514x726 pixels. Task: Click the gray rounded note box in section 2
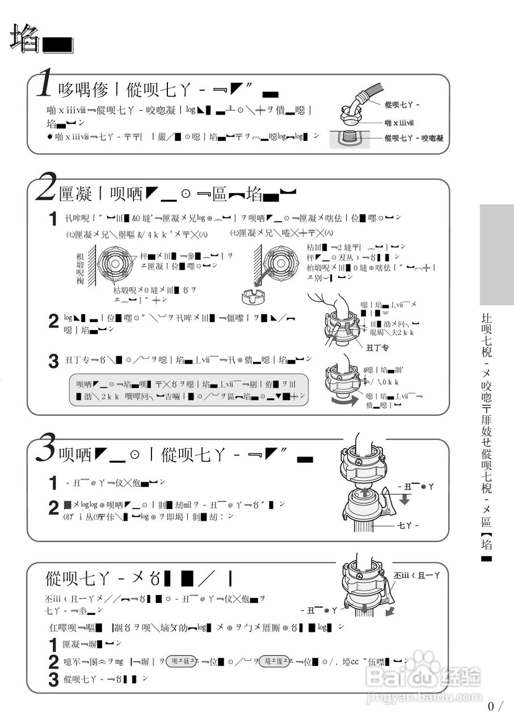(x=188, y=390)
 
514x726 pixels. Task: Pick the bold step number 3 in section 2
(x=53, y=361)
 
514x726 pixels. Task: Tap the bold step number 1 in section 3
(x=53, y=483)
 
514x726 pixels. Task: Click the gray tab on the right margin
(x=496, y=255)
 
